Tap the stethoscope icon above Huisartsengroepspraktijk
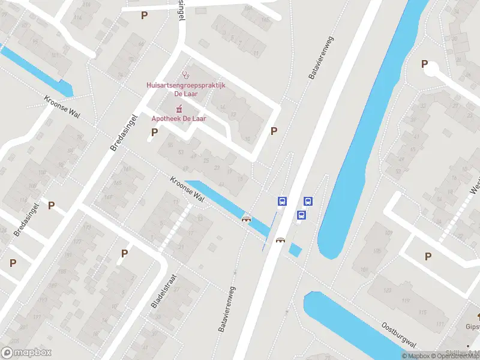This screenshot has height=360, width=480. click(186, 76)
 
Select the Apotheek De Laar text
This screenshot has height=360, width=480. click(178, 119)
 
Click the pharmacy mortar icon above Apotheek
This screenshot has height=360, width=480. click(178, 109)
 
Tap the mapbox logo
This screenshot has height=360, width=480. click(26, 353)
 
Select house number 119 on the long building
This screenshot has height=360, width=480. click(406, 301)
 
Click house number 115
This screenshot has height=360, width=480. click(424, 312)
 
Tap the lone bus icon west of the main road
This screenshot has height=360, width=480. click(281, 201)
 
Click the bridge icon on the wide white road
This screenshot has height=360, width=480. click(280, 241)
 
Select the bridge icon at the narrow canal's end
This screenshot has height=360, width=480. click(245, 218)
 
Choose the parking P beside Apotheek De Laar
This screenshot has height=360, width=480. click(154, 132)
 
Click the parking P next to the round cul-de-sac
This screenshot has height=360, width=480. click(425, 64)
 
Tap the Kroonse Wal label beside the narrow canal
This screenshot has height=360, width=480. click(187, 188)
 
